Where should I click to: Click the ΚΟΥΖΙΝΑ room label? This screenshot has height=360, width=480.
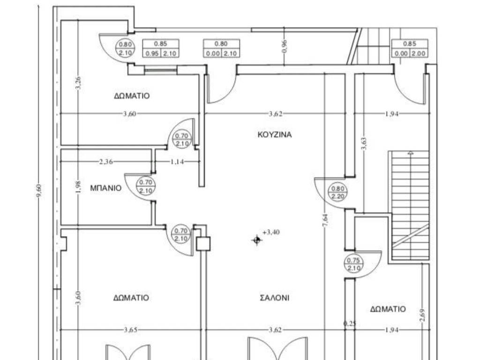(275, 135)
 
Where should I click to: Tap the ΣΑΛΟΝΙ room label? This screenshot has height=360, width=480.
(274, 298)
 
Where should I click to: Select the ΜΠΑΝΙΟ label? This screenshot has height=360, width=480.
(105, 188)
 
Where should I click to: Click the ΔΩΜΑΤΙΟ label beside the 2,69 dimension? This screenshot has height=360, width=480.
(388, 309)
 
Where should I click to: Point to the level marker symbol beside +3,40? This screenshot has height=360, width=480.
(256, 240)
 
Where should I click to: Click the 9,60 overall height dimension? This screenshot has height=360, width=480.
(39, 191)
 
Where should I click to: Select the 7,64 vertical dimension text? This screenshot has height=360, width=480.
(325, 220)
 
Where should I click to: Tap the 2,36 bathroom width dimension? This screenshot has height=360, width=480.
(106, 162)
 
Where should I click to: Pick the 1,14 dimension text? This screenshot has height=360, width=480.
(177, 162)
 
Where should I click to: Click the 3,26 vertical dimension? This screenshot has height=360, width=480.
(78, 83)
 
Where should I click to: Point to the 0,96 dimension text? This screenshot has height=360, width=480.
(284, 46)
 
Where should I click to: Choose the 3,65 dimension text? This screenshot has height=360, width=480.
(131, 330)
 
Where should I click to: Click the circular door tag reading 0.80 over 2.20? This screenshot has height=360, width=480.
(337, 192)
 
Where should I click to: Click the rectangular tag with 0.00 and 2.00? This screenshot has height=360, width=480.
(410, 48)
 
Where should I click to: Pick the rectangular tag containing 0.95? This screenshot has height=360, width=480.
(161, 48)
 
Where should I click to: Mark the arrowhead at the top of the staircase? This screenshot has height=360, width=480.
(410, 152)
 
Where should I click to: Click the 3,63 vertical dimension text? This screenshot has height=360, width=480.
(363, 143)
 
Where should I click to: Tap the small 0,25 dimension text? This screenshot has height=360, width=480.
(350, 323)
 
